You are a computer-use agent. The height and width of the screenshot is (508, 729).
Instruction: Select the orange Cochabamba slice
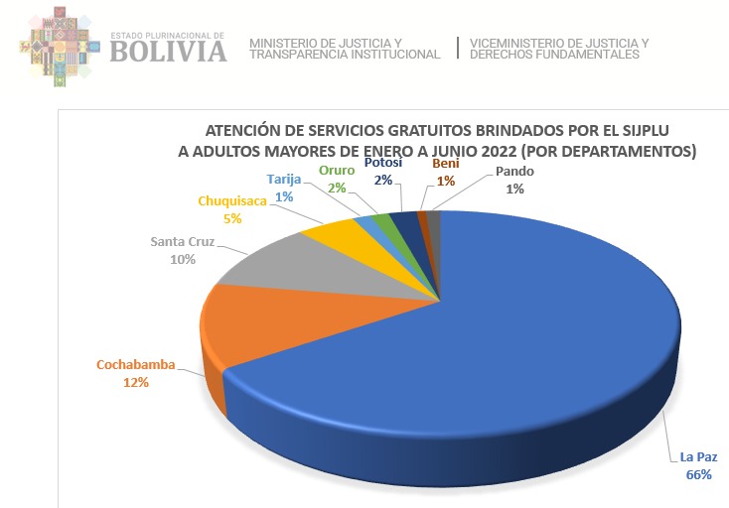(253, 317)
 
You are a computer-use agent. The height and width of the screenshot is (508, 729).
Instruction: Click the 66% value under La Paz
(698, 475)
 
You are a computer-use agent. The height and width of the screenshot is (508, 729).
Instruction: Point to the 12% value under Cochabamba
(136, 382)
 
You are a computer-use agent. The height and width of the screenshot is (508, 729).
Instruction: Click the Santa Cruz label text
(183, 241)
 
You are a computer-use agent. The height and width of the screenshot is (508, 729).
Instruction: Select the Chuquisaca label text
(232, 201)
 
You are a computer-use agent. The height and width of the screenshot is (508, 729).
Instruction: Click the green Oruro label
(336, 171)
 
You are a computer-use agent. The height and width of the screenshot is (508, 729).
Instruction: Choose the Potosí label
(383, 163)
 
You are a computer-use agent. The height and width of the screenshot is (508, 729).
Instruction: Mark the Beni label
(446, 165)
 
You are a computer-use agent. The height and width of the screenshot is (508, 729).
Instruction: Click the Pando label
(515, 172)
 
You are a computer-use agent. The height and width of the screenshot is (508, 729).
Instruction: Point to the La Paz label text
(698, 457)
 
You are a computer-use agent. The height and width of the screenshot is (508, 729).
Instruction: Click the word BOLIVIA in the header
(169, 50)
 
